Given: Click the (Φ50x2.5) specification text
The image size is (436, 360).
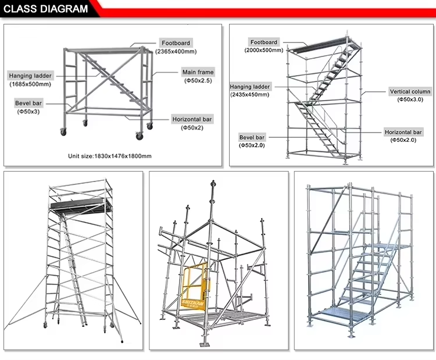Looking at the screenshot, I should coord(198,80).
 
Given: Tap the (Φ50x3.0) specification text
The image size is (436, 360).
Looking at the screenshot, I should coord(410,99).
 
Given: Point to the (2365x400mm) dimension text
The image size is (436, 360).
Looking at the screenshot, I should coord(175,51).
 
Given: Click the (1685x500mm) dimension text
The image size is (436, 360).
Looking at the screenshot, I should coord(30,84).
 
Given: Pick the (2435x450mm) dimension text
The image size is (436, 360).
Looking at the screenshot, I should coord(251,94).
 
